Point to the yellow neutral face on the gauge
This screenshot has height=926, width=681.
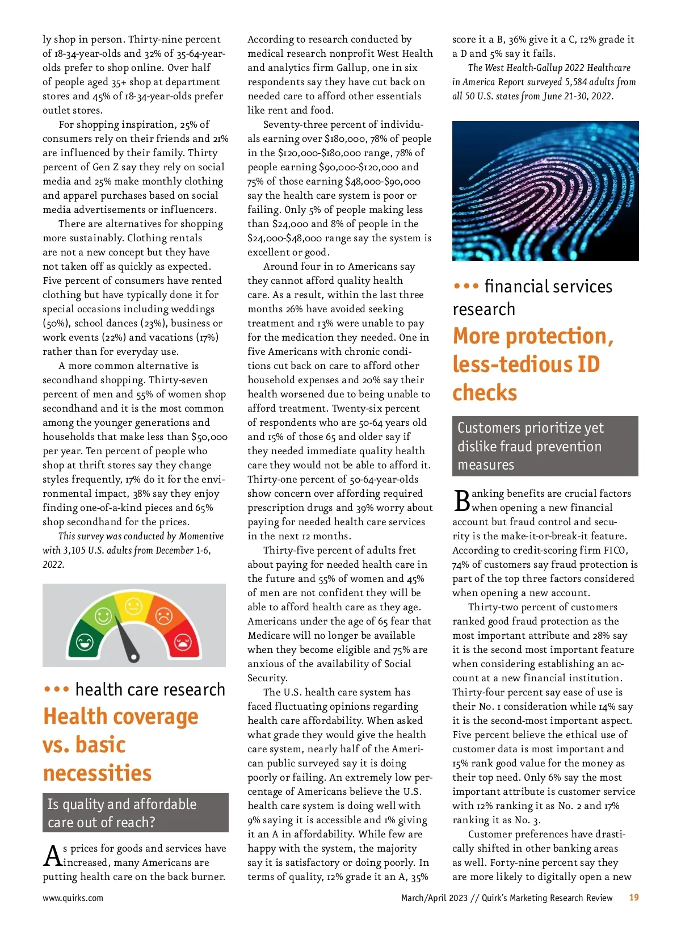pos(133,607)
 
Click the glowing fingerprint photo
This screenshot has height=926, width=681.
pos(545,191)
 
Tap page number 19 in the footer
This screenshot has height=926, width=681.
pos(634,898)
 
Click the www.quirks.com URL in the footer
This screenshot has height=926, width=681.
pos(73,898)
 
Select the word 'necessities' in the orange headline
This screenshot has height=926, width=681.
pos(98,773)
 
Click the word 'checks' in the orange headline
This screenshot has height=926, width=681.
pos(485,393)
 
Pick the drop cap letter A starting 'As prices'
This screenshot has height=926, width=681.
pos(52,856)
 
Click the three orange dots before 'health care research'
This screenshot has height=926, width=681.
pos(57,690)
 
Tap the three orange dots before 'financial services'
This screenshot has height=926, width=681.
pos(466,286)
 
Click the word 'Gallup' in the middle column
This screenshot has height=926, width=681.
pos(351,68)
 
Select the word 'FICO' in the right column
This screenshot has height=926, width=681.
pos(615,550)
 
